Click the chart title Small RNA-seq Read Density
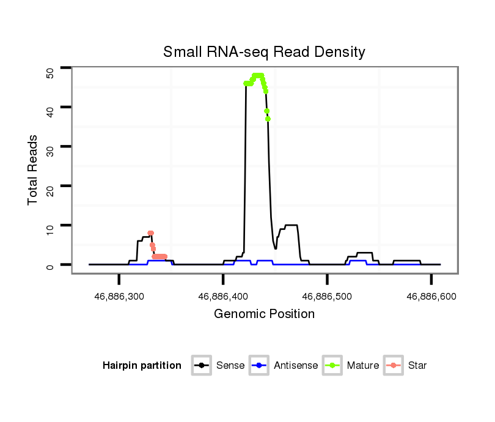click(264, 52)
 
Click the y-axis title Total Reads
click(33, 169)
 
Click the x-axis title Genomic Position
click(264, 314)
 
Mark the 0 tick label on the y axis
click(50, 265)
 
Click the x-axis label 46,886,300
click(119, 296)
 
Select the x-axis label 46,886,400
click(223, 296)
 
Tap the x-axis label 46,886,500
click(327, 296)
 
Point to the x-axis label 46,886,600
click(431, 296)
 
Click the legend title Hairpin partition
click(142, 366)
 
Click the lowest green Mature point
click(268, 119)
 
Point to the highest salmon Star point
click(150, 233)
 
